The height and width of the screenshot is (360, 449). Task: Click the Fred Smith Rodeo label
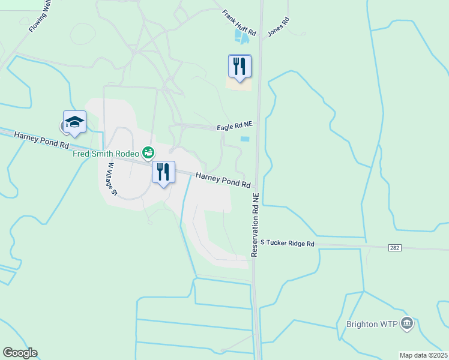(x=106, y=153)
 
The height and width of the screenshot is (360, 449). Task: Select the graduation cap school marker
(x=75, y=121)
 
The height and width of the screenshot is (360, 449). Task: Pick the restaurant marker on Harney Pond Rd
(x=163, y=173)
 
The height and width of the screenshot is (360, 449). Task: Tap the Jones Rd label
(x=279, y=28)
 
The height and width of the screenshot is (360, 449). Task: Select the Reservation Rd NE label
(x=255, y=225)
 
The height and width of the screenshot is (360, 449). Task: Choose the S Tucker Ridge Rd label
(x=288, y=244)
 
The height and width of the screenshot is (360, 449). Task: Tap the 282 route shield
(x=394, y=247)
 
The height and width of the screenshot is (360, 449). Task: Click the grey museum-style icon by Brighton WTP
(x=407, y=324)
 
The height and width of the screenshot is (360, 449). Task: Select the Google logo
(x=20, y=353)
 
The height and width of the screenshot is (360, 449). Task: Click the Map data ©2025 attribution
(x=424, y=355)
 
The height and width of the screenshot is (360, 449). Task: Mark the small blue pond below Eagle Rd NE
(x=245, y=139)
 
